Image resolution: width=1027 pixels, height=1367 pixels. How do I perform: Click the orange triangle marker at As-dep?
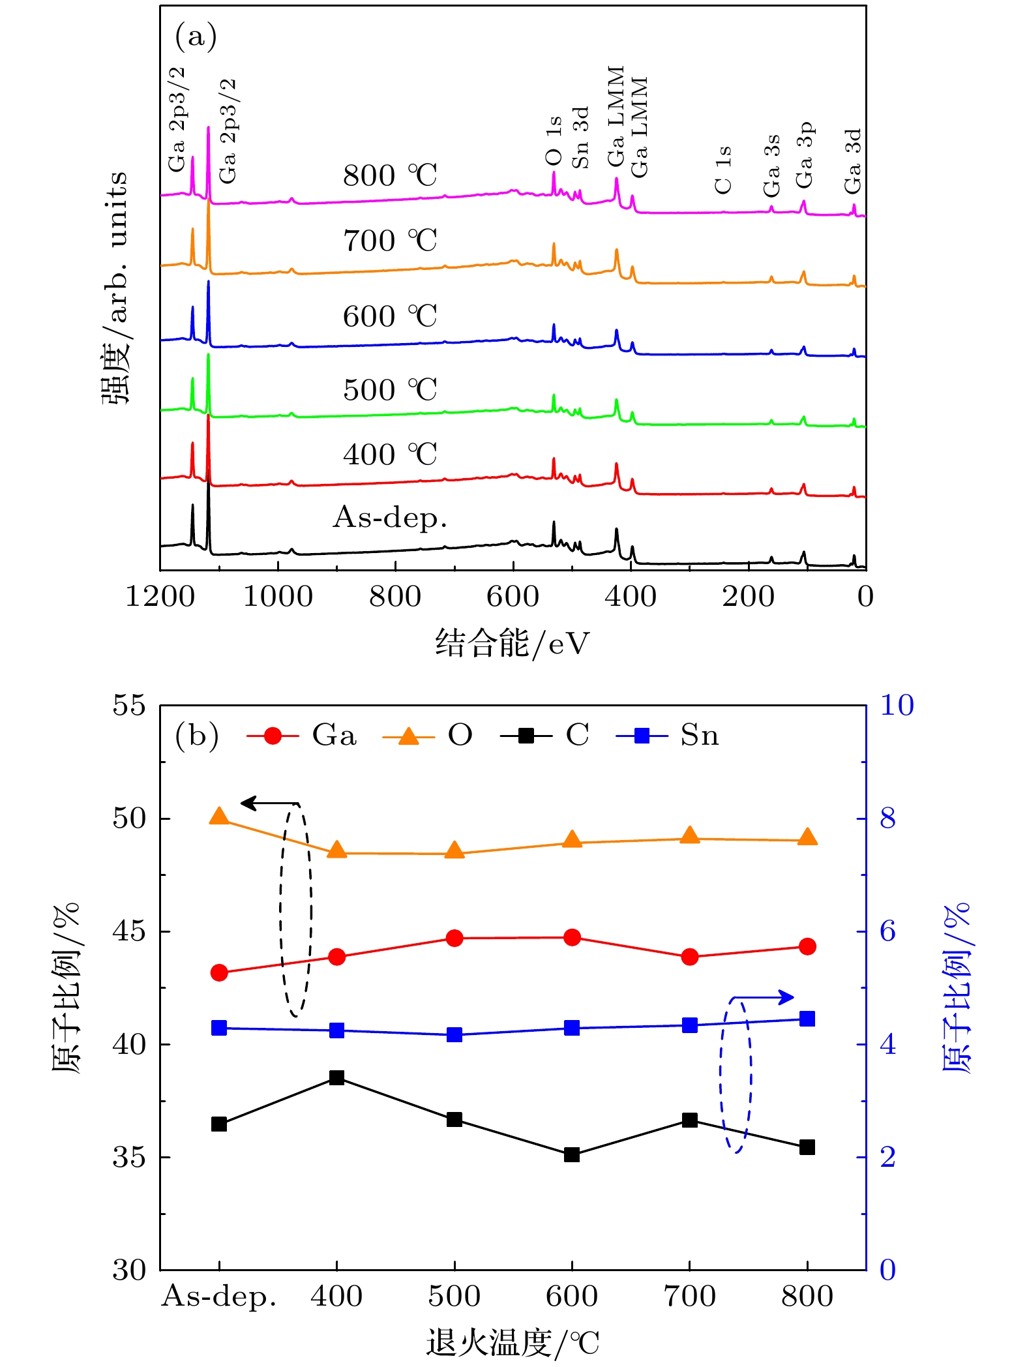(x=219, y=817)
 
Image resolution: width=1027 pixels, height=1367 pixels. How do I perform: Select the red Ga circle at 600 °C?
(x=572, y=937)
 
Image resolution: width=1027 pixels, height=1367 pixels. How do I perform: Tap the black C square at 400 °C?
(x=336, y=1077)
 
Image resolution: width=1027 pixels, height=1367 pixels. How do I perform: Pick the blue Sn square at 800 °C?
(x=807, y=1019)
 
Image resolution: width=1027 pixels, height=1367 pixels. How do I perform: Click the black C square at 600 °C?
(x=572, y=1154)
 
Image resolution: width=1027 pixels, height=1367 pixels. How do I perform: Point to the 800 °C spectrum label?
(x=390, y=175)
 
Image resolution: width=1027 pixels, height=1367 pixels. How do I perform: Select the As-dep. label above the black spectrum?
(x=390, y=518)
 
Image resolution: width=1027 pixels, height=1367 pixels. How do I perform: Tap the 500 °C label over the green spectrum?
(x=390, y=390)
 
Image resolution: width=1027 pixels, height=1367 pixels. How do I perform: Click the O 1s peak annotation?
(x=554, y=142)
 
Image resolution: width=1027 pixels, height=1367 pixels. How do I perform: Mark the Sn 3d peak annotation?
(x=580, y=138)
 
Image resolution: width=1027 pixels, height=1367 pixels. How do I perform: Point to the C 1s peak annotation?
(x=724, y=170)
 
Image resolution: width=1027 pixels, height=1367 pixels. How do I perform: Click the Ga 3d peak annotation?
(x=853, y=160)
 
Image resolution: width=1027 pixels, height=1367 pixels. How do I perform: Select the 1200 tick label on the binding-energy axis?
(x=160, y=597)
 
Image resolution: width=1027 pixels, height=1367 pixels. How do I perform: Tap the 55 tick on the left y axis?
(x=129, y=706)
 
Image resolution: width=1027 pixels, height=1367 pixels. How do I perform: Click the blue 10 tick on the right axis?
(x=897, y=706)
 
